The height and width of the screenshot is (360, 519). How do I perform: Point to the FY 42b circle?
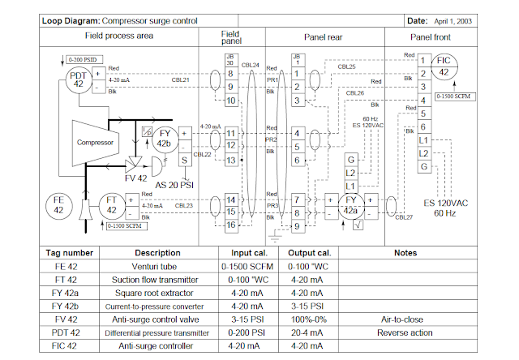tap(165, 138)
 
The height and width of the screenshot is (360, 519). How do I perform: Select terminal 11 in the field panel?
tap(231, 132)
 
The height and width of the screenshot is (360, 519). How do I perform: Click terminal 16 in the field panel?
tap(231, 225)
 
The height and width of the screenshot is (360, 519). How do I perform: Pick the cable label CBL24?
tap(251, 65)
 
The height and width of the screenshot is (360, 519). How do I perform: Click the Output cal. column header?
tap(309, 253)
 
